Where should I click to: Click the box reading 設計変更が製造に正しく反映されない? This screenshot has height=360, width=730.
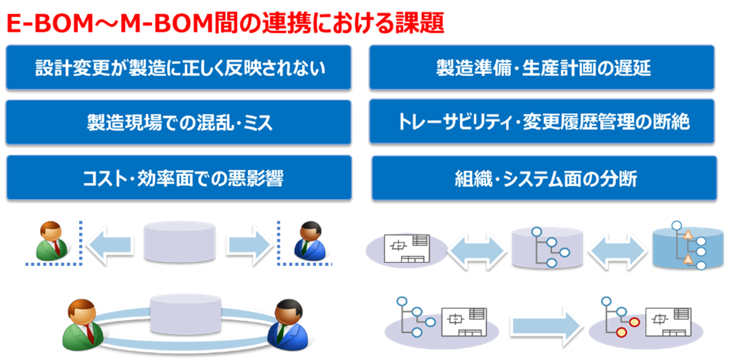coord(178,68)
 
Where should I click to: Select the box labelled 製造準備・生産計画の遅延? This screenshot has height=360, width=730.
coord(541,68)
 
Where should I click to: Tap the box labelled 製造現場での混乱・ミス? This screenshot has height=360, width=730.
coord(178,122)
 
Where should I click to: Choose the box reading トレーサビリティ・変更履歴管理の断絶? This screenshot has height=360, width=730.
coord(541,122)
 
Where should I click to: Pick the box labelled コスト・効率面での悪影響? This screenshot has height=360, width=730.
coord(178,178)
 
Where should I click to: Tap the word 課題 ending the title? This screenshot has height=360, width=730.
coord(418,23)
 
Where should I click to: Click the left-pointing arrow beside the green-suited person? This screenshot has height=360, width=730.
coord(109,245)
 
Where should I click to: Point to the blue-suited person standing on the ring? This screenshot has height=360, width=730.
coord(290,323)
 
